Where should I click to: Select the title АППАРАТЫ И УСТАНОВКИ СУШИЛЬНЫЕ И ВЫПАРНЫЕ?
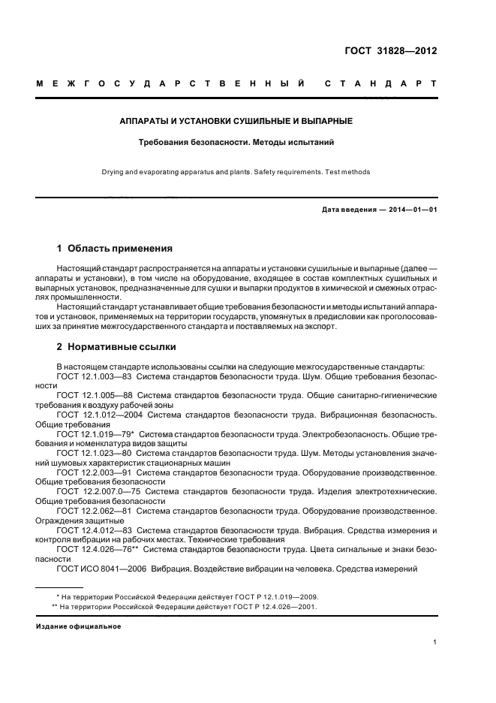pyautogui.click(x=236, y=120)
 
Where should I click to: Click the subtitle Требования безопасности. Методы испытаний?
pyautogui.click(x=236, y=141)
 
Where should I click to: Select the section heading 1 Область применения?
pyautogui.click(x=115, y=248)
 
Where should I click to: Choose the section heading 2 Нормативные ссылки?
pyautogui.click(x=116, y=347)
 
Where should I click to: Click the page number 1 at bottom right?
pyautogui.click(x=435, y=641)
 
